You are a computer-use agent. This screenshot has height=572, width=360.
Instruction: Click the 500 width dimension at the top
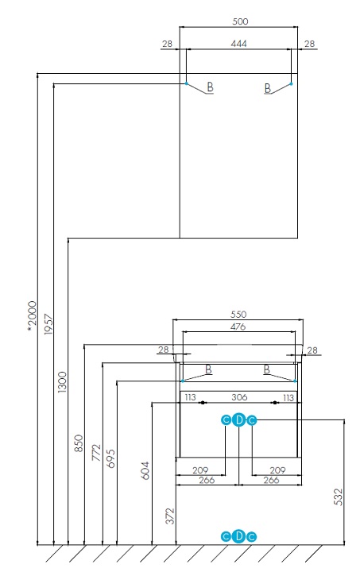coord(240,21)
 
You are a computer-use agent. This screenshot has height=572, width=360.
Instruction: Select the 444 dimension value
coord(238,44)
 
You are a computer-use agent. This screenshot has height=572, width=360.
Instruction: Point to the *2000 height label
coord(33,317)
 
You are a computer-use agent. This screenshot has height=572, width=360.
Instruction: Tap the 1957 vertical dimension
coord(48,324)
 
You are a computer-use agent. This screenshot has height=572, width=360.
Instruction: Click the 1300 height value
coord(63,382)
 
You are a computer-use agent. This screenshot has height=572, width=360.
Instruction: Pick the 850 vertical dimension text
coord(79,443)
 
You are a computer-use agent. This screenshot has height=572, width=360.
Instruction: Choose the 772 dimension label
coord(96,452)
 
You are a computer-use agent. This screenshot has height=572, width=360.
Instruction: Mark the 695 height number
coord(111,458)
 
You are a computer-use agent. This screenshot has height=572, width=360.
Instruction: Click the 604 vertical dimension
coord(145,470)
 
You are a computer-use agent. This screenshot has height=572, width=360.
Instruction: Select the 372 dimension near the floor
coord(170,516)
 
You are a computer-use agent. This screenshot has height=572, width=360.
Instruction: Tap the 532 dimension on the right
coord(339,497)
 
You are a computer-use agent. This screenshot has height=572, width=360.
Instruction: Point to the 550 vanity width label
coord(238,315)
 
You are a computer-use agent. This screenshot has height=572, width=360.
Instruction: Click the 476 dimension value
coord(238,327)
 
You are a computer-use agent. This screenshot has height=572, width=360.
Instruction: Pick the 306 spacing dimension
coord(239,397)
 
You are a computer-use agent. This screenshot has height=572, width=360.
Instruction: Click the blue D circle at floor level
coord(238,536)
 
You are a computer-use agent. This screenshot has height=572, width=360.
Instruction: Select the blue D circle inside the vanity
coord(238,420)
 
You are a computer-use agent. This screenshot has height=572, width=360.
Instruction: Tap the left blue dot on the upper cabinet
coord(187,83)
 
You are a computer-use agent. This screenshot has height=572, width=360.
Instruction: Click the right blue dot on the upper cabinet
coord(291,83)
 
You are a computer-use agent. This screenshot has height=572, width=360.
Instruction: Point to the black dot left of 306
coord(202,403)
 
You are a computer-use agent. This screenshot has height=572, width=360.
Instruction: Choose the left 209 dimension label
coord(200,470)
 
